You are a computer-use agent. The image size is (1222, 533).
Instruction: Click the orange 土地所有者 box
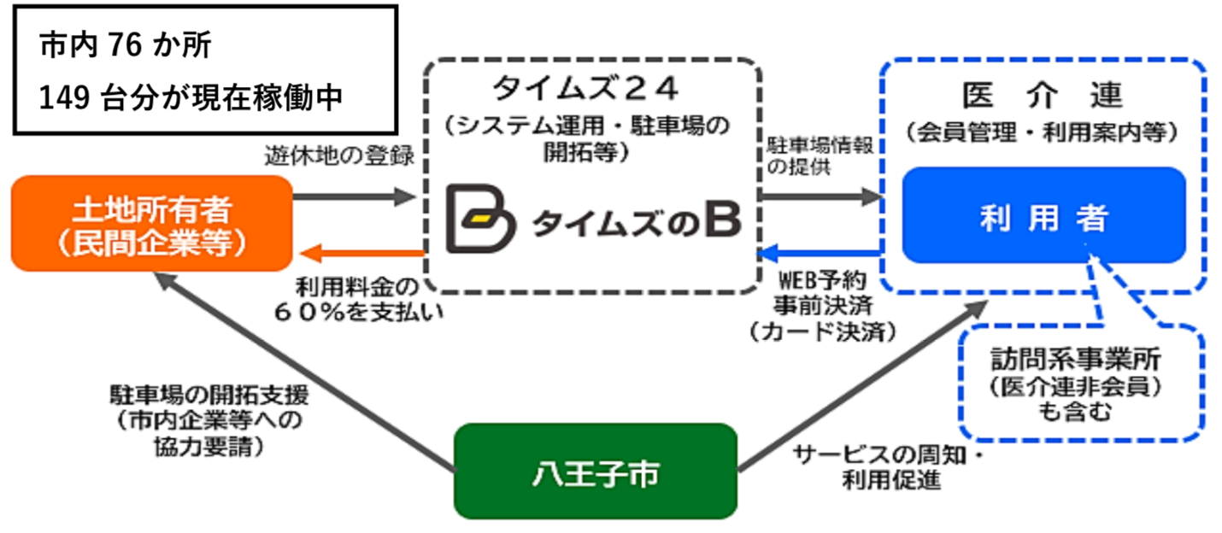151,223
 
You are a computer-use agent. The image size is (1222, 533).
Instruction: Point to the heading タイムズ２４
591,88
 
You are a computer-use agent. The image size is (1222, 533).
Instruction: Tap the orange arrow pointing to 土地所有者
359,253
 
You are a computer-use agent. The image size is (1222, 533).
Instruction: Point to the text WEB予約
821,280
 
